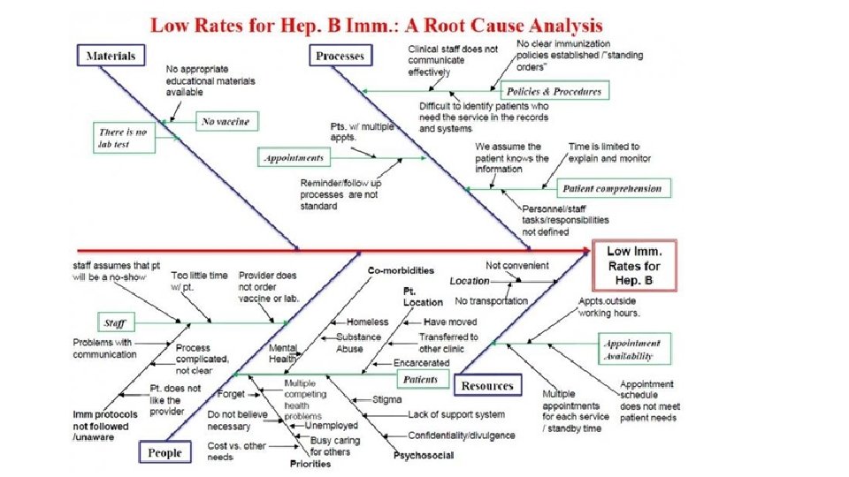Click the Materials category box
(x=111, y=56)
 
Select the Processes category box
(x=340, y=56)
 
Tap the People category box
(x=164, y=453)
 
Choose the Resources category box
(x=487, y=386)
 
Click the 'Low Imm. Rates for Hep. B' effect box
(x=633, y=266)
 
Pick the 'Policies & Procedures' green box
(x=554, y=91)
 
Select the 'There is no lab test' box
(x=123, y=138)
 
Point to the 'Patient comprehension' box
(x=612, y=188)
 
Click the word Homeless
(x=367, y=322)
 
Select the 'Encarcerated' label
(x=422, y=362)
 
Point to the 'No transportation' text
(x=492, y=301)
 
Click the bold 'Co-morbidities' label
(x=401, y=269)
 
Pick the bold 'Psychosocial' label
(x=424, y=456)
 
